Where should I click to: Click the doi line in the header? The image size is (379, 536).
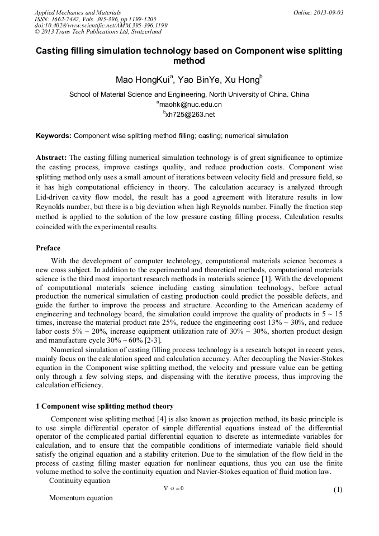click(101, 26)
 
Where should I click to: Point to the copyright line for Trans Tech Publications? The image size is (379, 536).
click(98, 32)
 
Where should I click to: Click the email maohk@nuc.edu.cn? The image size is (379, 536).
click(190, 105)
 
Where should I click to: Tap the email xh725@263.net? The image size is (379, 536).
click(190, 115)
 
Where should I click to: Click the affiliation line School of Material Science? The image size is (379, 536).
click(189, 94)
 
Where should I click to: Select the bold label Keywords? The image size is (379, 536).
click(54, 135)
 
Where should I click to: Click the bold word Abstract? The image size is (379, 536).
click(51, 158)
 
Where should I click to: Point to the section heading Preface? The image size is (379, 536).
click(48, 248)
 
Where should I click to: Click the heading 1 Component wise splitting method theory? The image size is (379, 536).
click(105, 406)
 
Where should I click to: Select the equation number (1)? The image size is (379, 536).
click(338, 490)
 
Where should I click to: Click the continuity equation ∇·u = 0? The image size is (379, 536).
click(174, 488)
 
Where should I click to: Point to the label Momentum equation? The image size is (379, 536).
click(81, 498)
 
